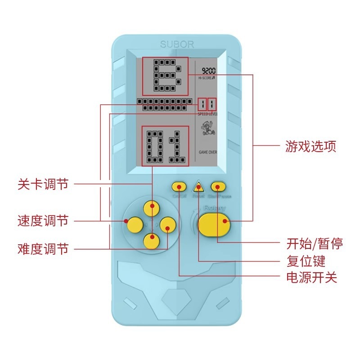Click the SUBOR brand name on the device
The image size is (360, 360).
[x=177, y=45]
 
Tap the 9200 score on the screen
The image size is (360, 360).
[x=208, y=71]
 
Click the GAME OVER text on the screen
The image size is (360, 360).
[x=207, y=153]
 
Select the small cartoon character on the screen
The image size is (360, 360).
[x=207, y=132]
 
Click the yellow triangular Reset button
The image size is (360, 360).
[x=198, y=186]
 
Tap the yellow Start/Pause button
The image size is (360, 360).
[x=218, y=186]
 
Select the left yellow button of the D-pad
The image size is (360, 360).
[x=134, y=224]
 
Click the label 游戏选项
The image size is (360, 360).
[x=310, y=146]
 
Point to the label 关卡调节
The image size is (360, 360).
[x=43, y=184]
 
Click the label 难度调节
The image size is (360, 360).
[x=43, y=248]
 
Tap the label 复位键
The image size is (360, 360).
[x=306, y=261]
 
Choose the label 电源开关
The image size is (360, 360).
[x=311, y=277]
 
